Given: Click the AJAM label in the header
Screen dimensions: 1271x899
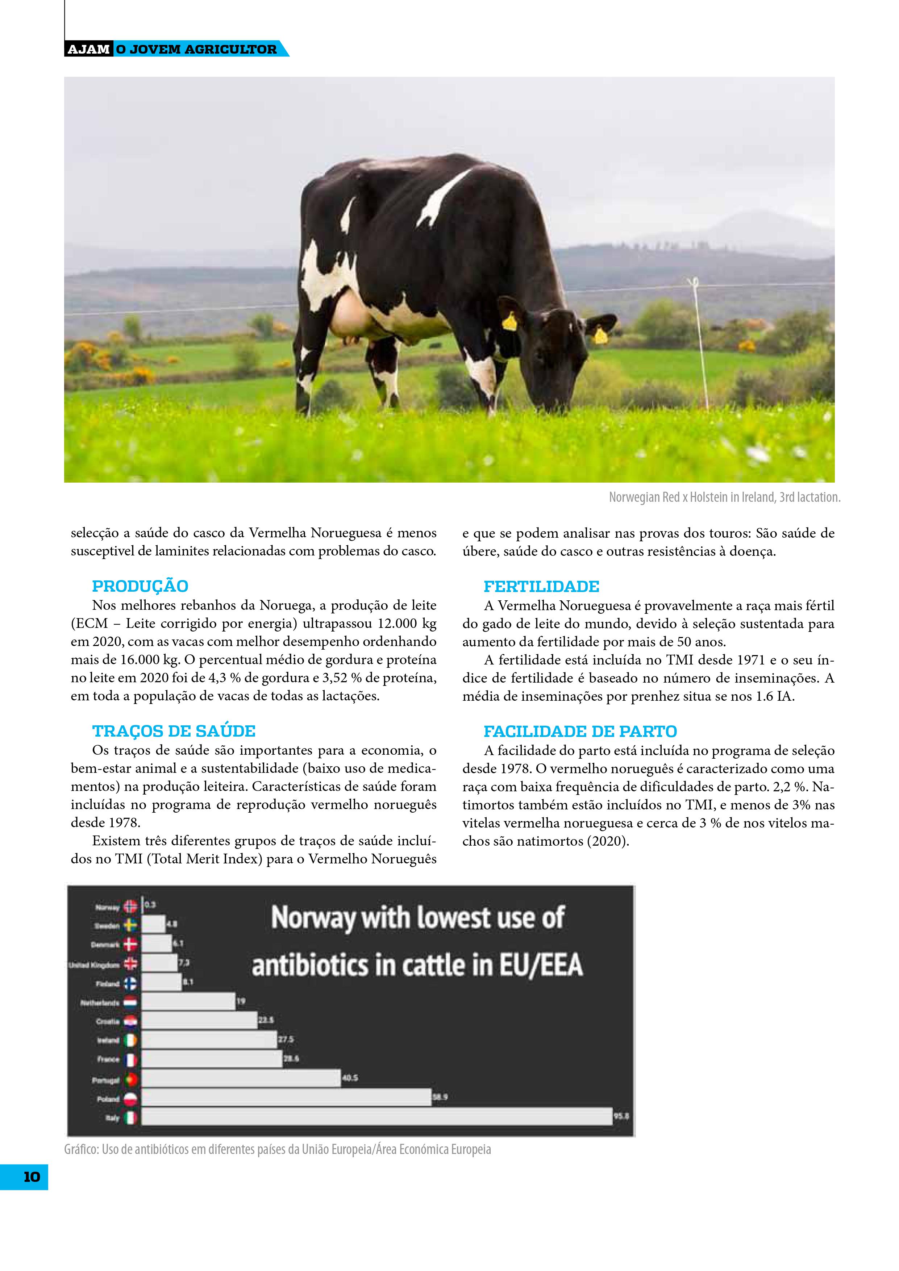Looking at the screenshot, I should (88, 49).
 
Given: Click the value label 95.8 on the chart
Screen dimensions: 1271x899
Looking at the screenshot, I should (621, 1117).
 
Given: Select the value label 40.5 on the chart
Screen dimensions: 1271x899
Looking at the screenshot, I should (350, 1078).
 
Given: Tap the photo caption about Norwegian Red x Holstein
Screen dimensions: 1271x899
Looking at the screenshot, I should (724, 497).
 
